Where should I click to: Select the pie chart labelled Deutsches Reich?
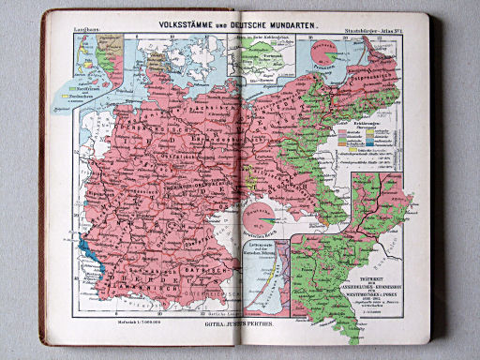coord(256,218)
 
